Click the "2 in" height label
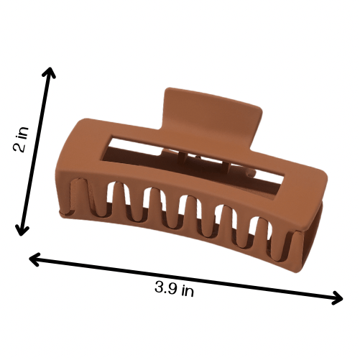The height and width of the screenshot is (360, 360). pos(21,139)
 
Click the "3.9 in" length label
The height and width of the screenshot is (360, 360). pos(174,289)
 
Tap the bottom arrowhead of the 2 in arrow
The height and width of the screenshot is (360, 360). pos(22,231)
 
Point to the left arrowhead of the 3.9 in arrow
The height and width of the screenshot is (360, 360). pos(34,259)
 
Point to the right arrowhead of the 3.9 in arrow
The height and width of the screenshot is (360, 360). pos(338,298)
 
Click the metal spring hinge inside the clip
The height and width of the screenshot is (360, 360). pos(203,163)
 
